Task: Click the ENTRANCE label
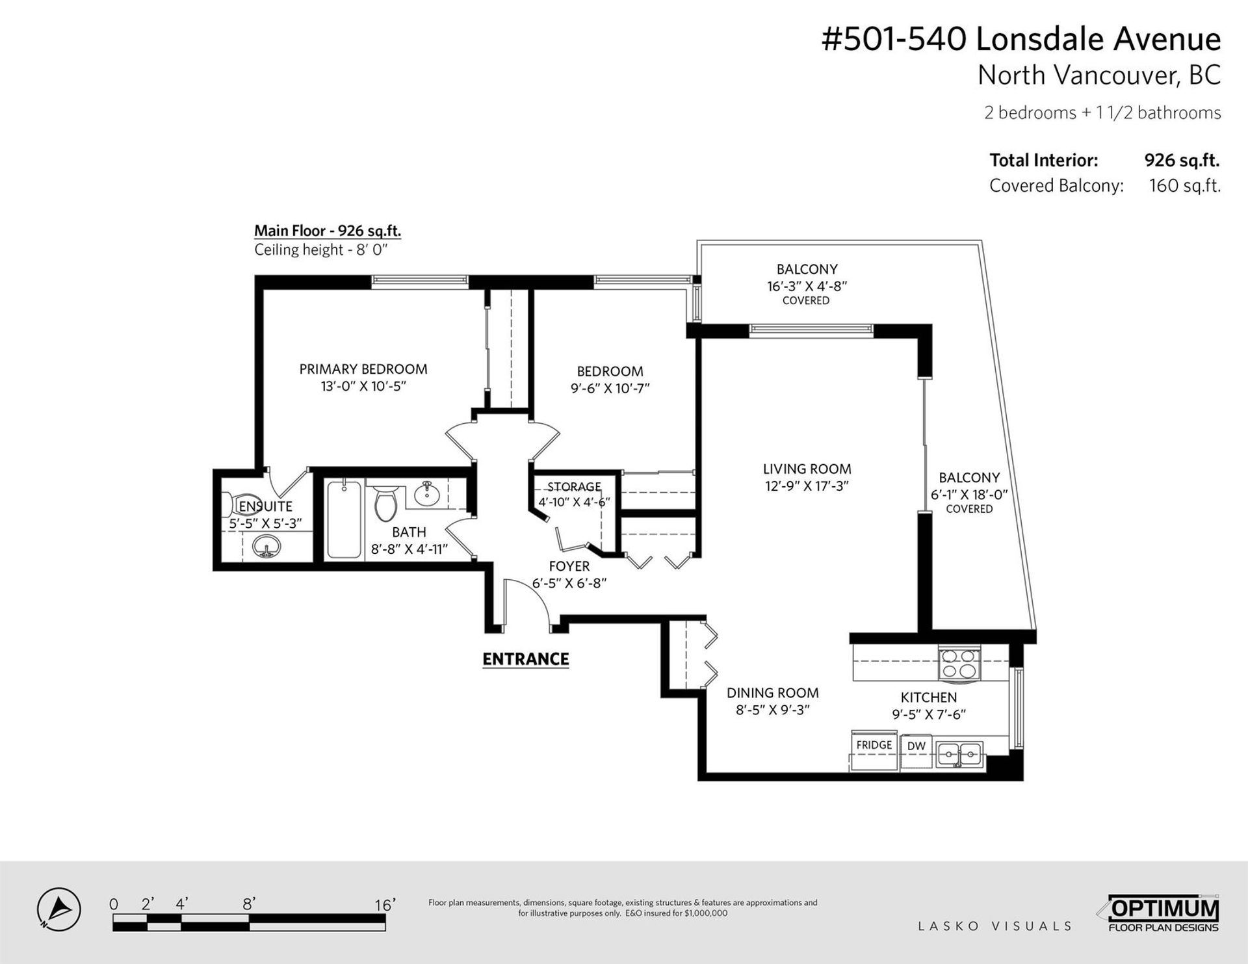point(525,659)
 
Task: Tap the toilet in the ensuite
point(229,504)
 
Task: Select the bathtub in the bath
point(344,519)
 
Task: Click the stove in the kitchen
point(959,664)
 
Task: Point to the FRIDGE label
point(874,744)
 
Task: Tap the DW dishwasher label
point(916,746)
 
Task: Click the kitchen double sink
point(960,755)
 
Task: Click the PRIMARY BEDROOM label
point(363,369)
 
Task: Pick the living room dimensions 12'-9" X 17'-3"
point(807,486)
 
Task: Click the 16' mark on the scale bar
point(385,905)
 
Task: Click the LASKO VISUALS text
point(994,926)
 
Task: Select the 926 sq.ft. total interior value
point(1182,160)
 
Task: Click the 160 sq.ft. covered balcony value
point(1185,186)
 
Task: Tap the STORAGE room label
point(574,487)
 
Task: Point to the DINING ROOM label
point(772,693)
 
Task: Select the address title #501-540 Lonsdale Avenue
point(1021,39)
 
